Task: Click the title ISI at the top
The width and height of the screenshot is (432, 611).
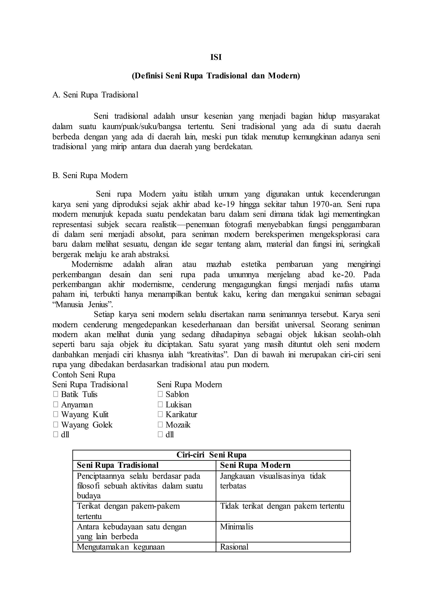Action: (x=216, y=57)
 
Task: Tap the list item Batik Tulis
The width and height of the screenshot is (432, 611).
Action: (x=79, y=394)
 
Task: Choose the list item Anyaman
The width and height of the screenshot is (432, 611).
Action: (x=77, y=404)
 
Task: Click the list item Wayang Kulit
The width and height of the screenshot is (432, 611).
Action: (x=85, y=414)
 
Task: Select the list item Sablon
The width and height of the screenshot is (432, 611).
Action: (x=177, y=394)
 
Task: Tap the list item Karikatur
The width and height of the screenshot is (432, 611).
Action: (x=181, y=414)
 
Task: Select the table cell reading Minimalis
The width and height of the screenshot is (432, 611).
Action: (x=236, y=526)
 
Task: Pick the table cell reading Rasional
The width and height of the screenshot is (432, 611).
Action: (x=234, y=547)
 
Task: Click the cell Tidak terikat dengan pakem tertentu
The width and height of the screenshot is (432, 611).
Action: (x=282, y=506)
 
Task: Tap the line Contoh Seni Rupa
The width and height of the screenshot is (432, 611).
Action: (x=84, y=374)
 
